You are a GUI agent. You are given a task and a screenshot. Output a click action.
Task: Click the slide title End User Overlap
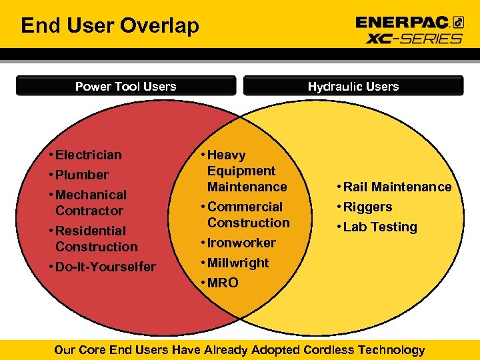[x=110, y=26]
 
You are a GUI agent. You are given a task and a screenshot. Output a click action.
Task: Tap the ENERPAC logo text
[x=403, y=23]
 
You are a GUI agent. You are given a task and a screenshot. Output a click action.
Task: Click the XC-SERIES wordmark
[x=413, y=38]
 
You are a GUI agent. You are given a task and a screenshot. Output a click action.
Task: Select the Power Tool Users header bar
[x=125, y=86]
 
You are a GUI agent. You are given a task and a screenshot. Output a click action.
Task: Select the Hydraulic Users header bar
[x=353, y=86]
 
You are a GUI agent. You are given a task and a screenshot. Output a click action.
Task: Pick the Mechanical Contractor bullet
[x=91, y=203]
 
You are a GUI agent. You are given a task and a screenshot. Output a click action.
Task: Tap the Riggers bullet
[x=367, y=207]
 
